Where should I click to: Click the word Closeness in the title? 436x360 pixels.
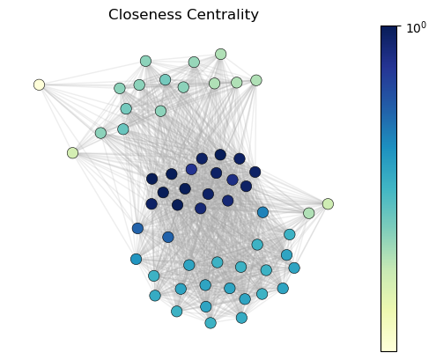point(145,14)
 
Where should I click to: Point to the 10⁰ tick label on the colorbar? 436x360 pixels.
point(416,28)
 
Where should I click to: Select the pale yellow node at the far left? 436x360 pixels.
point(39,84)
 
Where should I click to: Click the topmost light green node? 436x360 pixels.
point(220,54)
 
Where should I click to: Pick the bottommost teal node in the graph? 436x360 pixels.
point(211,323)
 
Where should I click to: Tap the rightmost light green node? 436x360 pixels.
point(328,203)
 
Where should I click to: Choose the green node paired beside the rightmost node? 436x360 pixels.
point(308,213)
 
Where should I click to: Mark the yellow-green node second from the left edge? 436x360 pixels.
point(72,153)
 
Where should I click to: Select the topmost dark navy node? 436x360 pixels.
point(220,155)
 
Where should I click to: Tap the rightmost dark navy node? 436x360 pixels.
point(255,172)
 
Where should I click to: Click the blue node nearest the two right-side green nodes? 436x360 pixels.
point(262,212)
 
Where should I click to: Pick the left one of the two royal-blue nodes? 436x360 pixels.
point(137,228)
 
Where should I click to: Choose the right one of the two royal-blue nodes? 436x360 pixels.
point(168,237)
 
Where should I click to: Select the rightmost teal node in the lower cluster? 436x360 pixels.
point(294,268)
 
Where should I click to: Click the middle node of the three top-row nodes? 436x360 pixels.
point(194,62)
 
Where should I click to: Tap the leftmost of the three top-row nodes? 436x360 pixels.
point(145,61)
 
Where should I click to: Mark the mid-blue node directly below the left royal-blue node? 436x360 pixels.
point(136,259)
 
